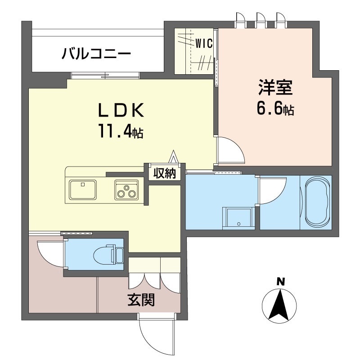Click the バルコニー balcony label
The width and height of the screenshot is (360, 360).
tap(96, 54)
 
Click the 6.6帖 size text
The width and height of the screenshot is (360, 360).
tap(275, 109)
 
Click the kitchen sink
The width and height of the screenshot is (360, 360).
tap(83, 189)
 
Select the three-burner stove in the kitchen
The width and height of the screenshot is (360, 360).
tap(126, 189)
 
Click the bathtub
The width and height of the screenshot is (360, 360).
tap(318, 202)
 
